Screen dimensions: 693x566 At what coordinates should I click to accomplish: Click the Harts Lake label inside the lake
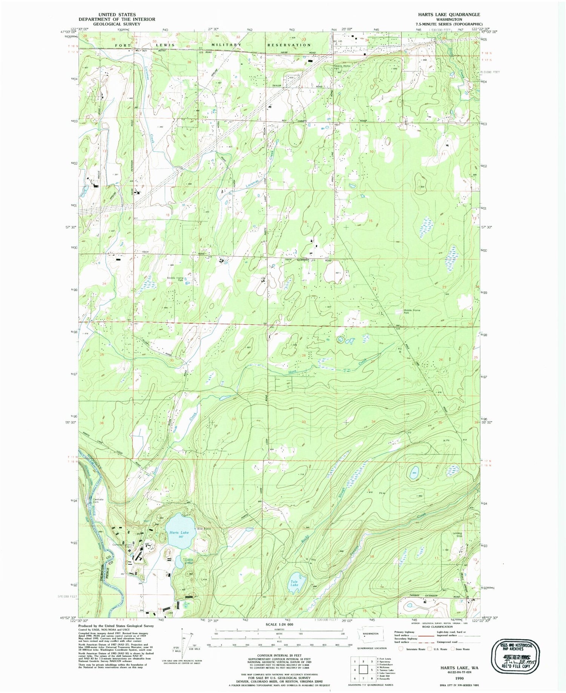click(x=179, y=532)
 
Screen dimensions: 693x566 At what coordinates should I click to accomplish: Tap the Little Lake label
click(x=189, y=561)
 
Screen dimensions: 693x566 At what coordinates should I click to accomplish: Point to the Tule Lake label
click(x=294, y=583)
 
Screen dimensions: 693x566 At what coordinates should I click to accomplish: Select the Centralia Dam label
click(x=98, y=501)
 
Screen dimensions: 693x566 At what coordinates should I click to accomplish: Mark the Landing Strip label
click(x=457, y=534)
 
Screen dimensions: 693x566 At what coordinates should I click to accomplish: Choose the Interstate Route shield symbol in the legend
click(x=401, y=649)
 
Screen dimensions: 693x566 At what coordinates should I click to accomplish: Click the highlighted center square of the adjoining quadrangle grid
click(x=363, y=670)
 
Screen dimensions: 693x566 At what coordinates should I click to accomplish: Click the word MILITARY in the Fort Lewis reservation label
click(x=226, y=45)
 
